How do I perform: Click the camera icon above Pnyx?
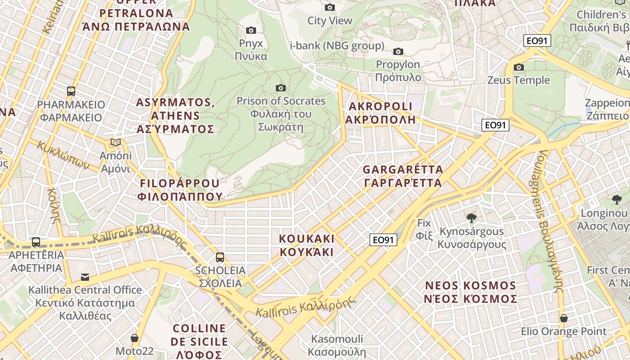251,30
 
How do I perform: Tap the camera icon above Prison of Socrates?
281,88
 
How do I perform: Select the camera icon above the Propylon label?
398,51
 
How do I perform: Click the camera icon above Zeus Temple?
519,67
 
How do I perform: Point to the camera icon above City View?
330,7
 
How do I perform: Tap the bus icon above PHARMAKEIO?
71,91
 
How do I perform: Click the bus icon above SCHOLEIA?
220,257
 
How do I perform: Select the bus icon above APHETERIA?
36,242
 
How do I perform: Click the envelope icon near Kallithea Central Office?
85,277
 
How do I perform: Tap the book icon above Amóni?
116,143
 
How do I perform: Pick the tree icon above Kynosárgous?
472,219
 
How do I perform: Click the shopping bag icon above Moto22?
134,337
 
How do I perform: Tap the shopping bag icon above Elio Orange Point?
563,318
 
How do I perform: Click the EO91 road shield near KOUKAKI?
384,240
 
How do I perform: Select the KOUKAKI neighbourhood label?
307,245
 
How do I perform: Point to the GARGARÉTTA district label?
403,176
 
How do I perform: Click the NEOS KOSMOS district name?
471,292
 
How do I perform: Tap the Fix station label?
424,229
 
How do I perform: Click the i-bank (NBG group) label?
337,45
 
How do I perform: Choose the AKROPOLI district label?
380,113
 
